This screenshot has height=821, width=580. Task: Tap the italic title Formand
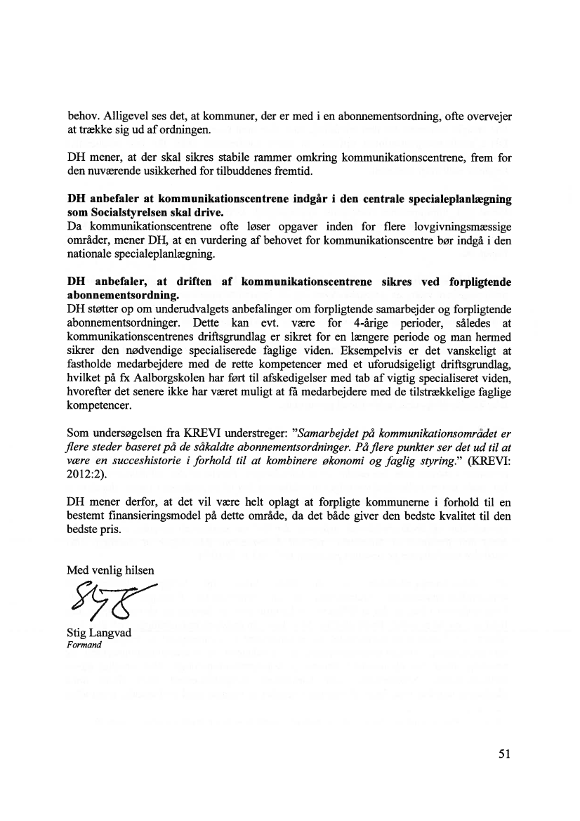pos(84,645)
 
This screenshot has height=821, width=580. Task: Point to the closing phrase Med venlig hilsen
pos(110,570)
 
